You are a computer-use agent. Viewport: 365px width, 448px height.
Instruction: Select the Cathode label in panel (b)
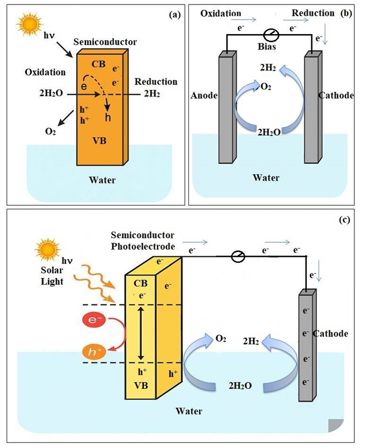click(x=337, y=96)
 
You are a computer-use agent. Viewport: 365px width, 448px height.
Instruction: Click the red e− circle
click(x=92, y=320)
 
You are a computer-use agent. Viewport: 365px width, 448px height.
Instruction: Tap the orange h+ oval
click(x=92, y=352)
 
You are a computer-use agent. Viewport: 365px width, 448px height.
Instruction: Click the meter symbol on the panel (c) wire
click(x=238, y=256)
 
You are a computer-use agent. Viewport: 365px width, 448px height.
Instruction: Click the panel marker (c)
click(x=344, y=220)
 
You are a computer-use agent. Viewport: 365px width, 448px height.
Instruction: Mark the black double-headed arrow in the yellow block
click(x=141, y=332)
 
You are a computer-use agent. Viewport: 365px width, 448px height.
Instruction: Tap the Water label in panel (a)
click(x=103, y=180)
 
